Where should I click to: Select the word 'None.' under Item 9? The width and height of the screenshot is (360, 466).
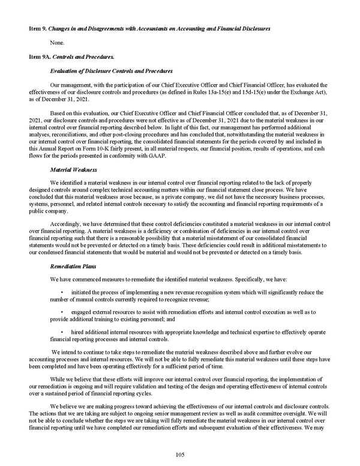click(x=59, y=43)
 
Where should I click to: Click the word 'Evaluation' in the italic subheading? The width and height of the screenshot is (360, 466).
click(x=67, y=71)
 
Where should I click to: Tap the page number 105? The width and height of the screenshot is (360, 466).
click(x=179, y=455)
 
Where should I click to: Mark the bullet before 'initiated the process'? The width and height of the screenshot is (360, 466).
click(x=62, y=292)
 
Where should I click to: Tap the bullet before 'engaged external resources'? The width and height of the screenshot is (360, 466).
click(x=62, y=312)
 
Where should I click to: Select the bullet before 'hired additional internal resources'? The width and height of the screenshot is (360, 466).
click(x=62, y=333)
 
